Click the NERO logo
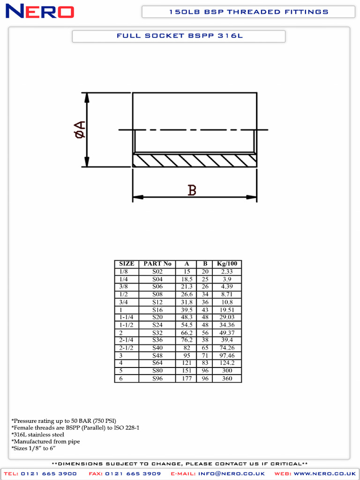[x=39, y=11]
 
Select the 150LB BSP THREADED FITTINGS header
[x=248, y=12]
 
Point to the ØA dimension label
[x=80, y=129]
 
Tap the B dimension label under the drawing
[x=192, y=190]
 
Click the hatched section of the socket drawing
[x=195, y=160]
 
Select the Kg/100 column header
[x=227, y=264]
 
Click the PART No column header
[x=157, y=264]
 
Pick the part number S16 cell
[x=157, y=310]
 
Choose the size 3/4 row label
[x=124, y=302]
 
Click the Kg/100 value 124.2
[x=227, y=363]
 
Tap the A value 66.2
[x=187, y=333]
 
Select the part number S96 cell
[x=157, y=379]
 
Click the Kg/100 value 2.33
[x=227, y=272]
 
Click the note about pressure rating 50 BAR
[x=64, y=420]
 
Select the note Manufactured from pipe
[x=45, y=442]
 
